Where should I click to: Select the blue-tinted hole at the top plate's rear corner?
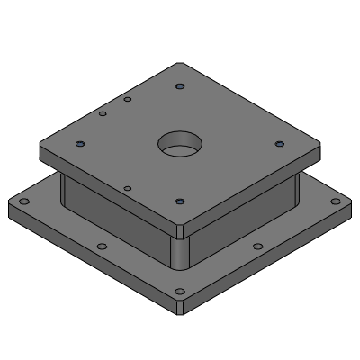[x=181, y=87]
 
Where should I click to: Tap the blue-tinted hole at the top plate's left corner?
[x=80, y=144]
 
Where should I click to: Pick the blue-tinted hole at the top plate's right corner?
[x=278, y=144]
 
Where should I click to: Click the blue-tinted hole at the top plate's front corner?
[x=180, y=202]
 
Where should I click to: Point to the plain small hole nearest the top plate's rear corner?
[x=129, y=99]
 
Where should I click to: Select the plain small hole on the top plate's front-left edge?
[x=128, y=189]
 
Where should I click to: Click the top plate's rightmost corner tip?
[x=321, y=144]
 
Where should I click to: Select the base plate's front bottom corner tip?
[x=180, y=315]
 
